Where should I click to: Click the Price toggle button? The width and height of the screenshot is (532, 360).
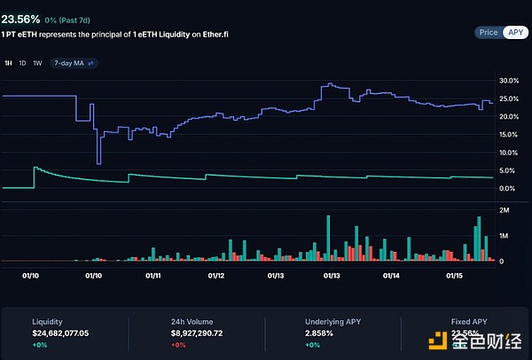(x=488, y=32)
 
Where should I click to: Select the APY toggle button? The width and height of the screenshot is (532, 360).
(x=515, y=32)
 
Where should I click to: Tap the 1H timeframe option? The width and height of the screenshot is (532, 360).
(x=8, y=63)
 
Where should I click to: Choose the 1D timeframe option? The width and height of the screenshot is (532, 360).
(x=22, y=63)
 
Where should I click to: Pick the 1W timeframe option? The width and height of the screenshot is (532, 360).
(x=36, y=63)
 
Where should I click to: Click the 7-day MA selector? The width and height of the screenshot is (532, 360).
(x=74, y=63)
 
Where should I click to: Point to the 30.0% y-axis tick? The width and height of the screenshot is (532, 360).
(x=509, y=81)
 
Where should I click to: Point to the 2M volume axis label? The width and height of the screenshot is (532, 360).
(x=504, y=210)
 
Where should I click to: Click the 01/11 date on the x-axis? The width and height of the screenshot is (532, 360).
(x=153, y=276)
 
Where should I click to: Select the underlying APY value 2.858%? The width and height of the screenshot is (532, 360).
(x=320, y=333)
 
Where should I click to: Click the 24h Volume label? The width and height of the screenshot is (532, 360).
(x=192, y=321)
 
